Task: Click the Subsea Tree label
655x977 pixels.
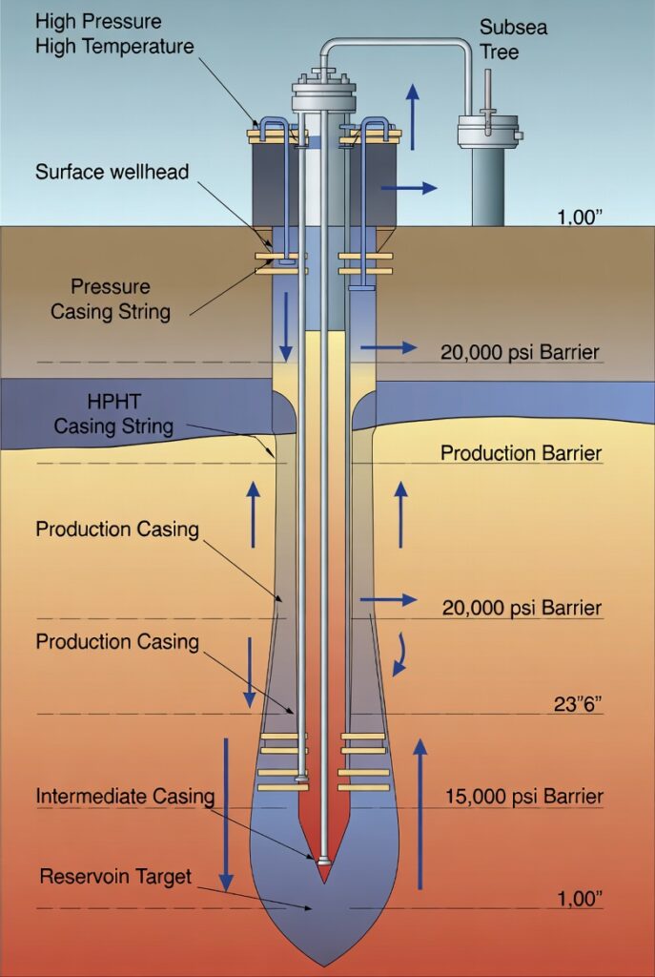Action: click(x=512, y=38)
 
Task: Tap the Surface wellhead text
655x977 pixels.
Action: click(x=112, y=173)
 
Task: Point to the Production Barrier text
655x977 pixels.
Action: click(x=521, y=452)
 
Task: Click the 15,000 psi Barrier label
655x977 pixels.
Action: click(x=523, y=796)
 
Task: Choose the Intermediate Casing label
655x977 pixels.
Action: click(x=125, y=796)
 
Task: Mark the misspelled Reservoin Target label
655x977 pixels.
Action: click(x=115, y=876)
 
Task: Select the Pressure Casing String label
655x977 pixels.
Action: click(x=110, y=299)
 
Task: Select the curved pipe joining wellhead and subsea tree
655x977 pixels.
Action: click(x=400, y=43)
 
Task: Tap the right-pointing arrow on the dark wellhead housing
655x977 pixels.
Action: click(x=408, y=188)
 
